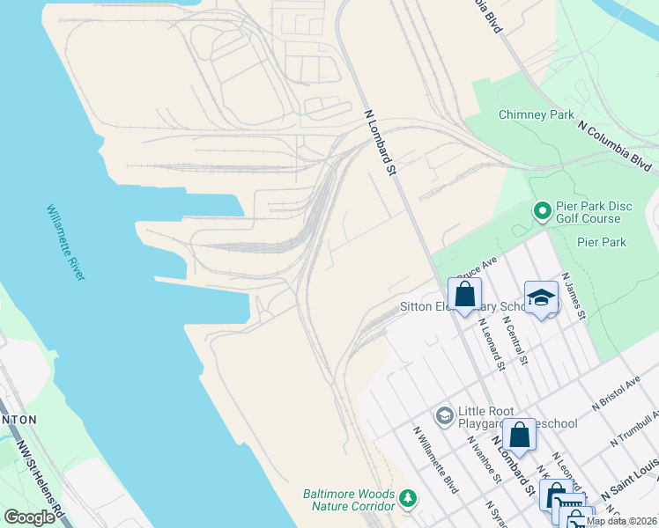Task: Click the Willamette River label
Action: tap(67, 243)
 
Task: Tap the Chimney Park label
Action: tap(536, 114)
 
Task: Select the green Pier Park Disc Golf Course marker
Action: tap(542, 211)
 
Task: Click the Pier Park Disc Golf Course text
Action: tap(594, 212)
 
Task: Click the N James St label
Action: tap(578, 296)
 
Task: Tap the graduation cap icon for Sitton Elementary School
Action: tap(541, 298)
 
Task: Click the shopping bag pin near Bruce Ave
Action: tap(464, 295)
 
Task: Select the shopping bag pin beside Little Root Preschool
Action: tap(520, 435)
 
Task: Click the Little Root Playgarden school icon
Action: tap(445, 414)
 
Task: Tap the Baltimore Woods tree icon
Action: tap(407, 499)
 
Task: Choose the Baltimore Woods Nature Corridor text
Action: tap(349, 500)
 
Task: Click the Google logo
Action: tap(29, 517)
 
